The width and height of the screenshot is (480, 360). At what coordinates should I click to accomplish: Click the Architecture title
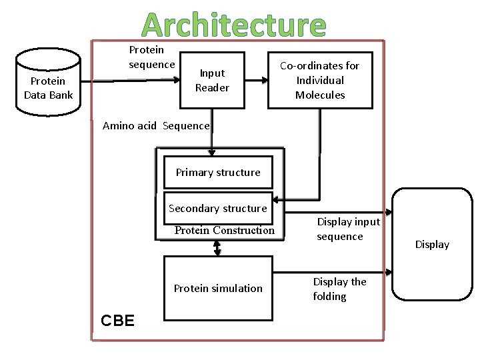[233, 25]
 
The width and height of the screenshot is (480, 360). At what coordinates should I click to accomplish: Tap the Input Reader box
[213, 81]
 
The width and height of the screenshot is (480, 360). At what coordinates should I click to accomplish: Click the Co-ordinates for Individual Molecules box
[320, 80]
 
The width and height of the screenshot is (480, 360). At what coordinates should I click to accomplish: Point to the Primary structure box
[218, 172]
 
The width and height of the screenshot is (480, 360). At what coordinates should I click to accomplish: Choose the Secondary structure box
[218, 208]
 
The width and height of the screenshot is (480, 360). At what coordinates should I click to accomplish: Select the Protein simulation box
[218, 288]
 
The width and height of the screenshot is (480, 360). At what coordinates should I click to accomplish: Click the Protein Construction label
[224, 231]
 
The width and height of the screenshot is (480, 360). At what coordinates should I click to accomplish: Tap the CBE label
[117, 321]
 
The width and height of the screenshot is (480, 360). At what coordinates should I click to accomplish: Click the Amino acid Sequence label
[156, 126]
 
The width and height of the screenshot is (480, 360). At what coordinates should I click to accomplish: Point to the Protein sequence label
[151, 57]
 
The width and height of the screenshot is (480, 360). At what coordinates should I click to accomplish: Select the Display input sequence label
[347, 229]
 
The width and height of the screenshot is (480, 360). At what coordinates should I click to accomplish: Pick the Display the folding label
[339, 289]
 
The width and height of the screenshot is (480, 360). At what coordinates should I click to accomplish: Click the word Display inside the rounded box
[432, 244]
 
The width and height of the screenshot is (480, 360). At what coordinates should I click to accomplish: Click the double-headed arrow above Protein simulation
[218, 247]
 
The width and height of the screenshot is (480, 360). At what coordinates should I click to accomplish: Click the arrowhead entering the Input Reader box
[177, 79]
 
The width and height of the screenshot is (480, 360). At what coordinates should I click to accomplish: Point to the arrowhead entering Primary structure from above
[211, 152]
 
